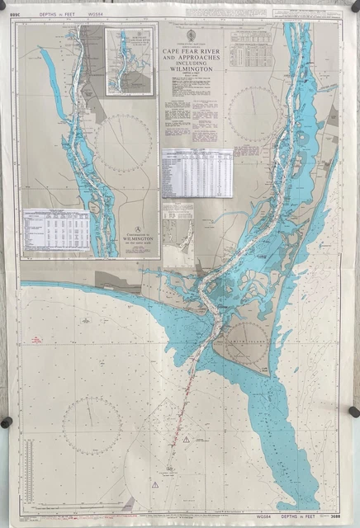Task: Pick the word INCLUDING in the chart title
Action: (x=191, y=64)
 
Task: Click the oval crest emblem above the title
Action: (x=191, y=35)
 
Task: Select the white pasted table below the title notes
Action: (x=197, y=172)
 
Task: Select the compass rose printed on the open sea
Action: (x=92, y=425)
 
